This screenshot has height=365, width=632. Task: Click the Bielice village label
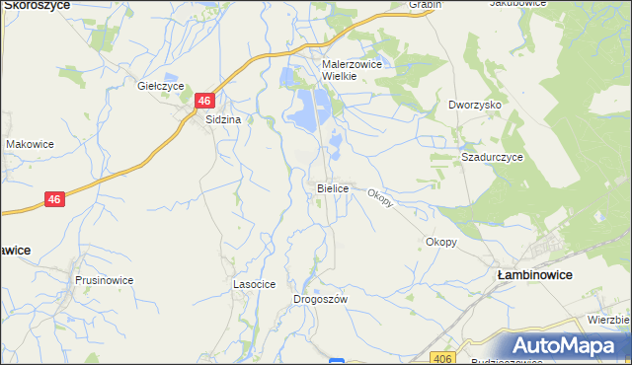[x=333, y=187]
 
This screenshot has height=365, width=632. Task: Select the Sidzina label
[x=223, y=119]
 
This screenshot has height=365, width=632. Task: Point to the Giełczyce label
[x=158, y=86]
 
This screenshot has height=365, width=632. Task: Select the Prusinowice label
[x=104, y=280]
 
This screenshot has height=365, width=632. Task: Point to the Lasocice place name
[x=254, y=283]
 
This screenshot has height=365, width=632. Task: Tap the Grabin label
[x=426, y=4]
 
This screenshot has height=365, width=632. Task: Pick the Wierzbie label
[x=609, y=320]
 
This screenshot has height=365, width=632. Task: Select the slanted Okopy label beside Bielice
[x=381, y=197]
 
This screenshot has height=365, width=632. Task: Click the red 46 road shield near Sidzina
[x=204, y=101]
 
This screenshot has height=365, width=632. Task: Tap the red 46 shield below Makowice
[x=55, y=199]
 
